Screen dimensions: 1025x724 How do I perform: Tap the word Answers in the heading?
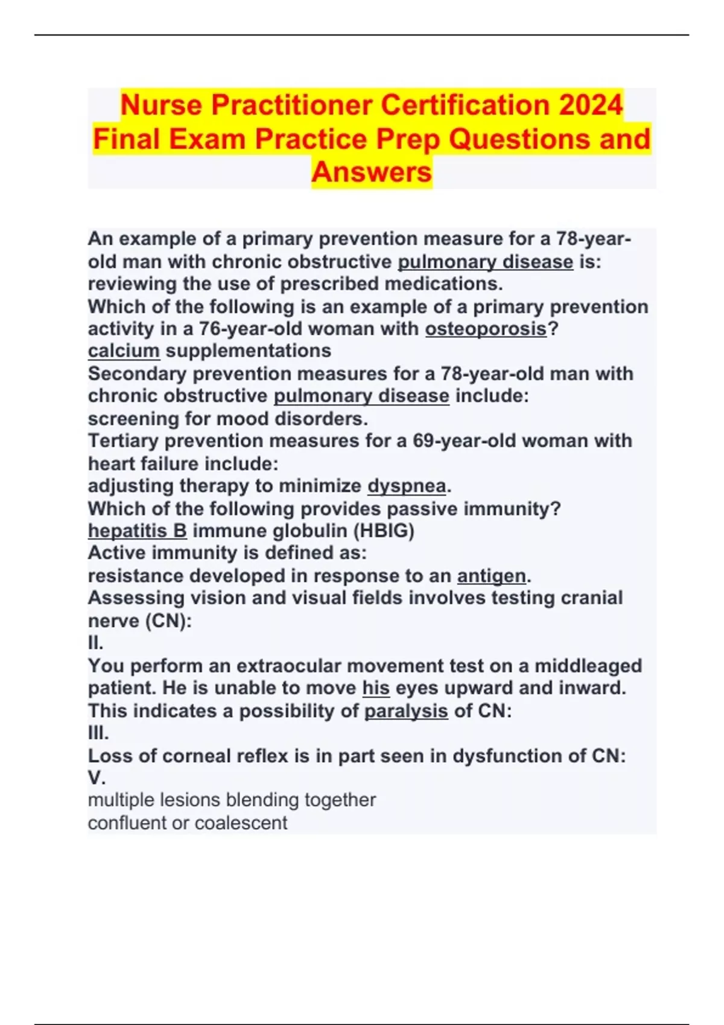[x=372, y=172]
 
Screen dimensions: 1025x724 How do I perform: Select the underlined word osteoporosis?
[x=486, y=329]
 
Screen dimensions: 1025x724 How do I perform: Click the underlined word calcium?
[x=124, y=351]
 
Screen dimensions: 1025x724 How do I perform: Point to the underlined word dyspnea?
[x=407, y=486]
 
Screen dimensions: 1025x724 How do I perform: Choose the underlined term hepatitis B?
[x=138, y=531]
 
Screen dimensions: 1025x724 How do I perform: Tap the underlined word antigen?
[x=491, y=576]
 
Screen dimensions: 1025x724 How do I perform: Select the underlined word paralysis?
[x=406, y=711]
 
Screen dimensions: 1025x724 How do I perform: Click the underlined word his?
[x=376, y=688]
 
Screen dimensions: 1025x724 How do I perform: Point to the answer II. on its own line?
[x=96, y=643]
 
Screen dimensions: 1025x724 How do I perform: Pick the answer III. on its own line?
[x=98, y=733]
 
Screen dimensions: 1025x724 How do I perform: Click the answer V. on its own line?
[x=97, y=778]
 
